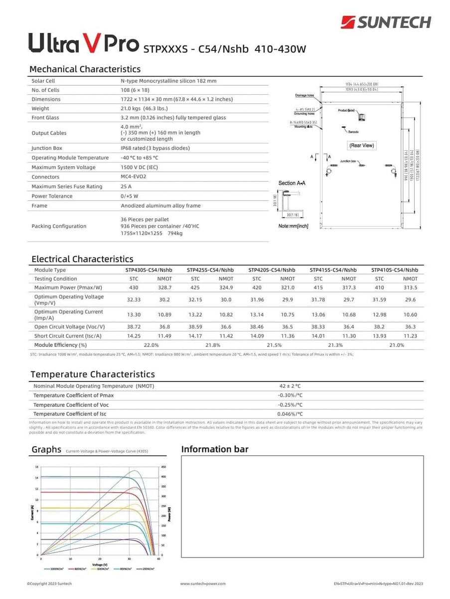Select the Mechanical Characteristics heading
(x=85, y=69)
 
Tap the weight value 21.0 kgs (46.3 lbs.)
(x=145, y=108)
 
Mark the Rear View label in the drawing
(x=362, y=146)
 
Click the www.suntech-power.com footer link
(x=203, y=583)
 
